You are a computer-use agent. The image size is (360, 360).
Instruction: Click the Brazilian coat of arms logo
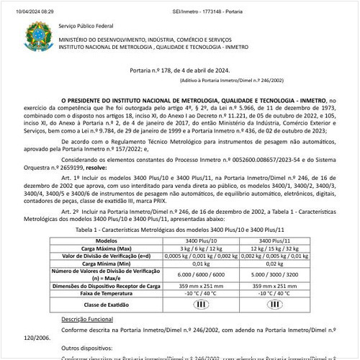(x=34, y=35)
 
